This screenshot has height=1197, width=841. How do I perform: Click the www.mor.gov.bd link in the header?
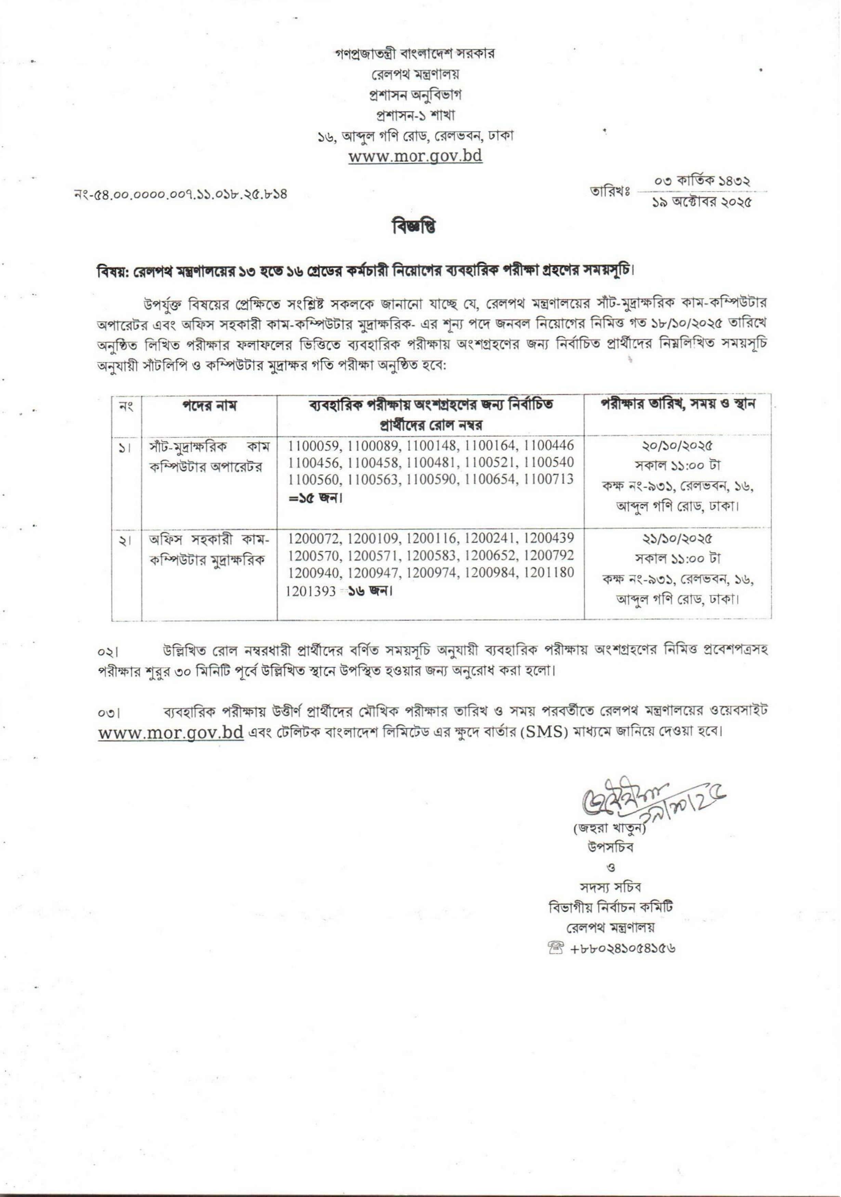(x=415, y=156)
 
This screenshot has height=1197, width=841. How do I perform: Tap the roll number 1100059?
(x=315, y=446)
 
